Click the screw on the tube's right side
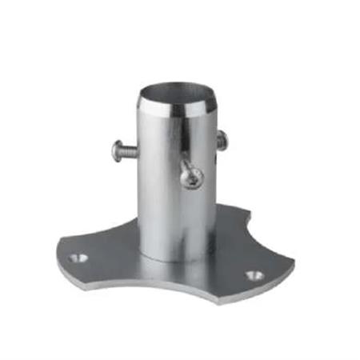221,141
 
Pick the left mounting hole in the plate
77,259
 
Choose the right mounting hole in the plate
254,274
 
